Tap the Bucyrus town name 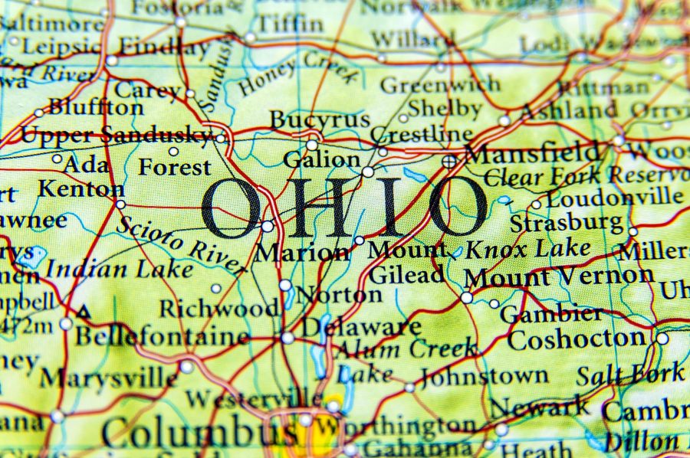319,120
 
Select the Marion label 301,252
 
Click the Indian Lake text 119,269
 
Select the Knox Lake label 528,248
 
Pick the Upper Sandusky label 114,136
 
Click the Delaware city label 360,327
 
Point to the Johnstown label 484,376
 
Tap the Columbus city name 199,433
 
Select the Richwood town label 219,309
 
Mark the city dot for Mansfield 449,161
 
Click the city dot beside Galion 368,172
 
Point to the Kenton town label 80,188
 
